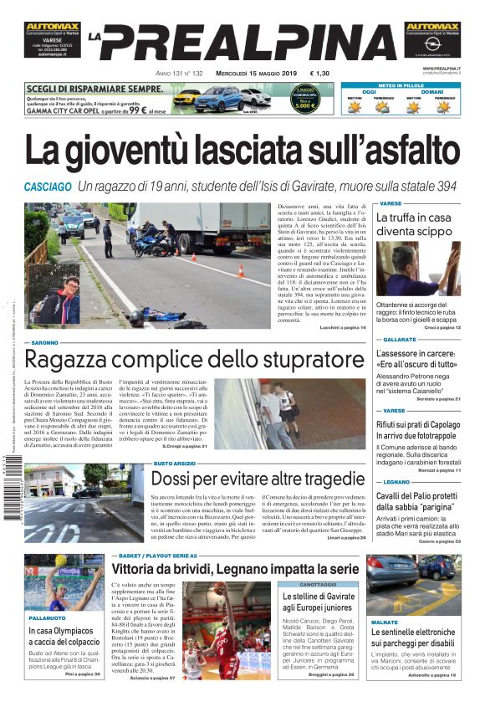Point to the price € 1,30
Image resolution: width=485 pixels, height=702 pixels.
coord(318,74)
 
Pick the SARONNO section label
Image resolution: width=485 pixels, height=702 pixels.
coord(45,343)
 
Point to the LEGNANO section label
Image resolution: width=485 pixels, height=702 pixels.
coord(396,482)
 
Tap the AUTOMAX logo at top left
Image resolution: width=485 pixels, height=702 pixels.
coord(52,27)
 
